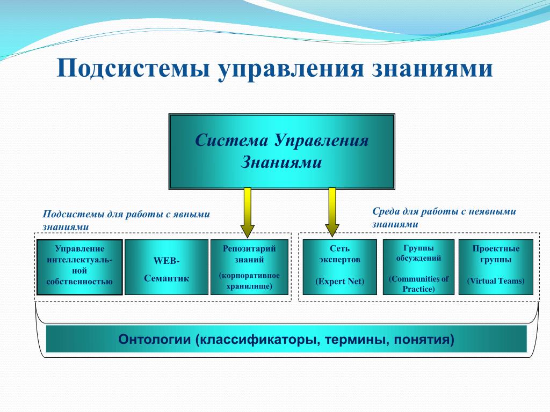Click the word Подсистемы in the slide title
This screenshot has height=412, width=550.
tap(134, 68)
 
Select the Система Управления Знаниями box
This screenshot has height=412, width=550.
tap(282, 151)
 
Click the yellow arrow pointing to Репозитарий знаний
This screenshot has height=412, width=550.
tap(247, 212)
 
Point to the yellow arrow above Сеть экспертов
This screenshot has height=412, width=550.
tap(332, 212)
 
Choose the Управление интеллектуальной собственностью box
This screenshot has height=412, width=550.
tap(79, 267)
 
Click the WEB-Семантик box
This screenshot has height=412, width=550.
tap(167, 267)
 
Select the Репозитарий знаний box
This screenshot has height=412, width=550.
tap(249, 267)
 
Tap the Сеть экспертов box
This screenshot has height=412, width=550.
tap(339, 267)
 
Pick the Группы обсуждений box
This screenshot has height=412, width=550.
tap(418, 267)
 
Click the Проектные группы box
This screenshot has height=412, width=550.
tap(496, 267)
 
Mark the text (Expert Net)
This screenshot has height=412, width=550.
tap(339, 281)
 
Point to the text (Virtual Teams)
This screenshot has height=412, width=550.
tap(496, 281)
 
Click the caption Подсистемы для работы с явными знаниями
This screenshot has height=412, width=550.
tap(126, 220)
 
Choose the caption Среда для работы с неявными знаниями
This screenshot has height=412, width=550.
tap(444, 218)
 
